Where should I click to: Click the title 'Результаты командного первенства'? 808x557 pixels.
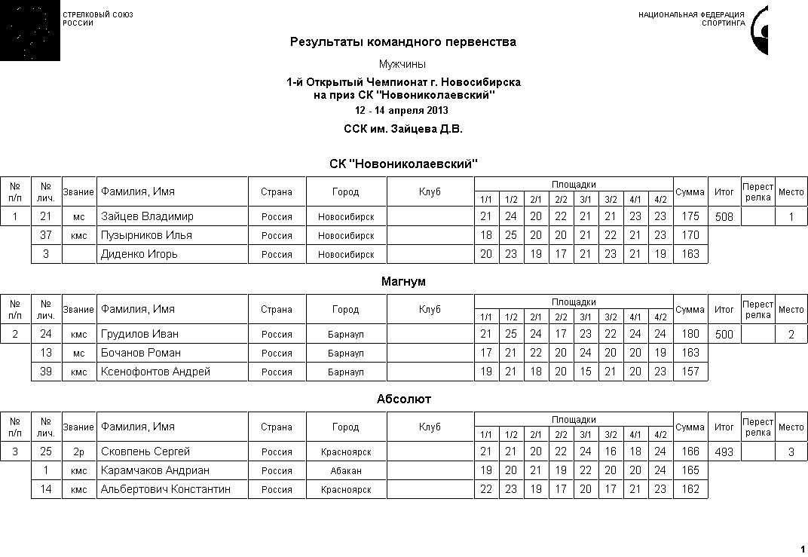(x=403, y=42)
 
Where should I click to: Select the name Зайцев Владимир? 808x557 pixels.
(x=147, y=216)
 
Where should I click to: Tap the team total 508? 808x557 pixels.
(x=724, y=217)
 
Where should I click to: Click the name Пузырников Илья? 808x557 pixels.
(x=146, y=235)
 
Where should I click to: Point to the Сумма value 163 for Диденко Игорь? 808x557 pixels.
(x=690, y=254)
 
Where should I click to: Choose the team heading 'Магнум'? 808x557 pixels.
(x=403, y=282)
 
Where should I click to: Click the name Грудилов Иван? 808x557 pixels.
(x=139, y=334)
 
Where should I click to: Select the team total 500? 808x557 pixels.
(x=724, y=335)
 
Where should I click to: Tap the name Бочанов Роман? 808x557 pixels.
(x=140, y=353)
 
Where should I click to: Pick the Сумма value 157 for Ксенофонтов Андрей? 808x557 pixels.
(x=690, y=372)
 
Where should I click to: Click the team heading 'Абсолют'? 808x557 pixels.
(x=403, y=399)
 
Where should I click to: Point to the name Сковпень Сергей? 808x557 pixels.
(x=145, y=451)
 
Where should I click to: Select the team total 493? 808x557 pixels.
(x=724, y=452)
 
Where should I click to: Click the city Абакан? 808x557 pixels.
(x=345, y=471)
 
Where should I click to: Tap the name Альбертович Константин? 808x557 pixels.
(x=165, y=489)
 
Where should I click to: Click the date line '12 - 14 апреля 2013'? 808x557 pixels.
(x=403, y=111)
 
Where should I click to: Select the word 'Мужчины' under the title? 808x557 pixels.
(x=403, y=64)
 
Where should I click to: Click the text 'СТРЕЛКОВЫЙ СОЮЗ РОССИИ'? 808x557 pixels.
(x=97, y=19)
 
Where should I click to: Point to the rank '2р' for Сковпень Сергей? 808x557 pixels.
(x=79, y=452)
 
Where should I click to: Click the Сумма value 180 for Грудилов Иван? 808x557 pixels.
(x=690, y=334)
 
